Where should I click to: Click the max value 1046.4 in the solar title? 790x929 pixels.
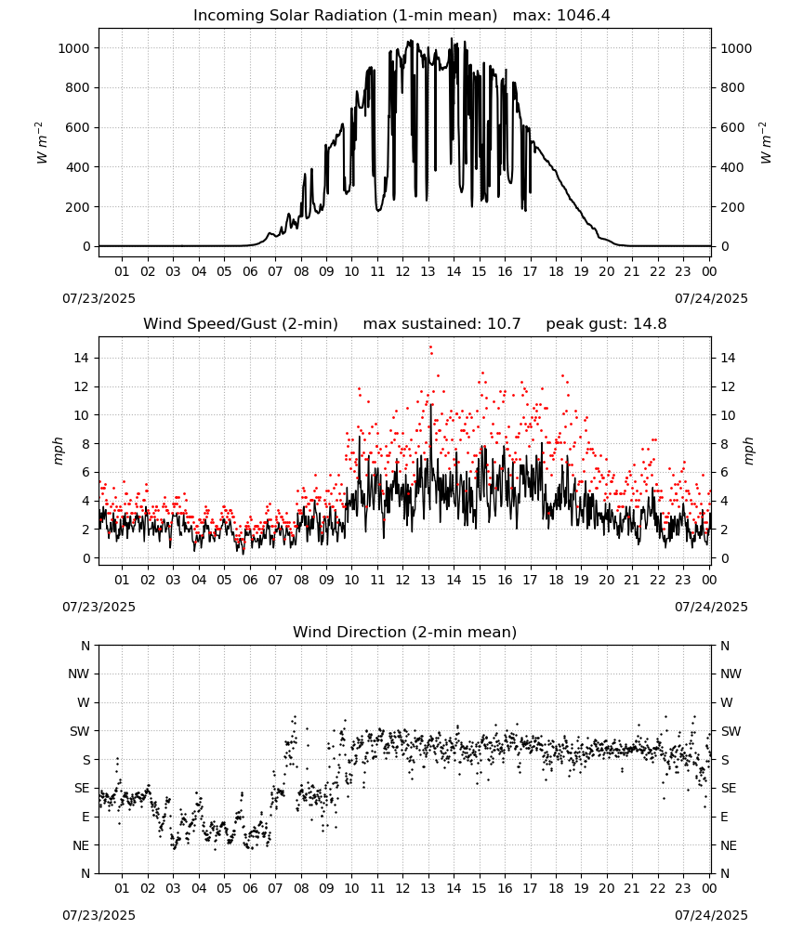pos(584,16)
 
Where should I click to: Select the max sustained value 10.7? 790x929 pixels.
pos(504,324)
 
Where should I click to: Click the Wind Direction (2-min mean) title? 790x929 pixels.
pos(405,632)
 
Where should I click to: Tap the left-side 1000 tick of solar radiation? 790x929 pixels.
pos(74,48)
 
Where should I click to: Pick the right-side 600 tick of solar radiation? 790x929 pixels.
pos(732,127)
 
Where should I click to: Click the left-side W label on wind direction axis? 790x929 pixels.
pos(84,702)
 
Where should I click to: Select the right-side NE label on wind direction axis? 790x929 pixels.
pos(729,845)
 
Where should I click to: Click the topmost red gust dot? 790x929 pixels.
pos(431,347)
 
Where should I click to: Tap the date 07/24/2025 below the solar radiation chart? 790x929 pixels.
pos(711,298)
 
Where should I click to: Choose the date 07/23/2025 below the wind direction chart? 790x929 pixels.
pos(99,915)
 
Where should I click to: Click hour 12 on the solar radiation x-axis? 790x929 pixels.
pos(402,271)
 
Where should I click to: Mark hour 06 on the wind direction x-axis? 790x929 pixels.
pos(249,888)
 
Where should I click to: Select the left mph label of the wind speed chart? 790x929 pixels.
pos(58,451)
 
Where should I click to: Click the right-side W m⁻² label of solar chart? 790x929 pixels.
pos(765,143)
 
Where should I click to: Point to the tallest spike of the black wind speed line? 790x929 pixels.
pos(431,405)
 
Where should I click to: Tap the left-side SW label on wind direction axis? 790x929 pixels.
pos(80,731)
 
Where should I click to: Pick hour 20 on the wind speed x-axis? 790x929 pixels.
pos(606,580)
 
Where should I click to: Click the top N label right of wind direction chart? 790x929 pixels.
pos(725,646)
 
